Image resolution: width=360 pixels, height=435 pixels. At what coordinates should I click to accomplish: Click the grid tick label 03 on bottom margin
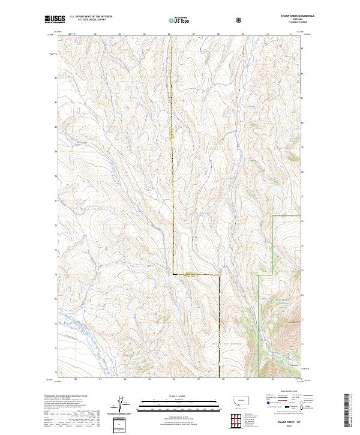coord(100,380)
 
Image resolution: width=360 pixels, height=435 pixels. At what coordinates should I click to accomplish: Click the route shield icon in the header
coord(240,20)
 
